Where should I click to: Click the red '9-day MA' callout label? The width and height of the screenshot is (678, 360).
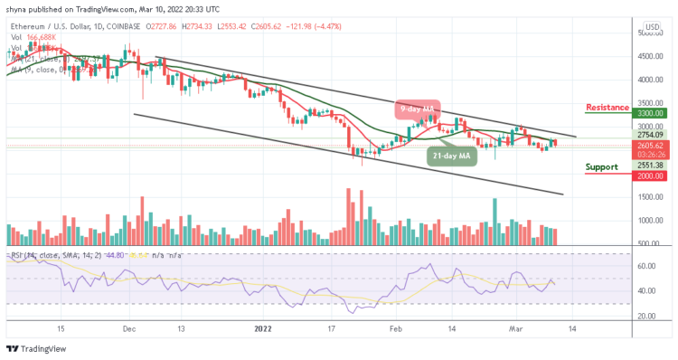(x=416, y=110)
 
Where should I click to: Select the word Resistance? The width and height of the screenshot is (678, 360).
(x=607, y=107)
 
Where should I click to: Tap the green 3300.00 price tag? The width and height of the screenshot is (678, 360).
(x=649, y=115)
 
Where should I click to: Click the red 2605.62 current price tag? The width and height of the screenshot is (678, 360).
(x=649, y=145)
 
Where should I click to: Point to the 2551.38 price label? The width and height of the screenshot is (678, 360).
(x=649, y=166)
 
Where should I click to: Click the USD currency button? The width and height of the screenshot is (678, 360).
(x=651, y=26)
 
